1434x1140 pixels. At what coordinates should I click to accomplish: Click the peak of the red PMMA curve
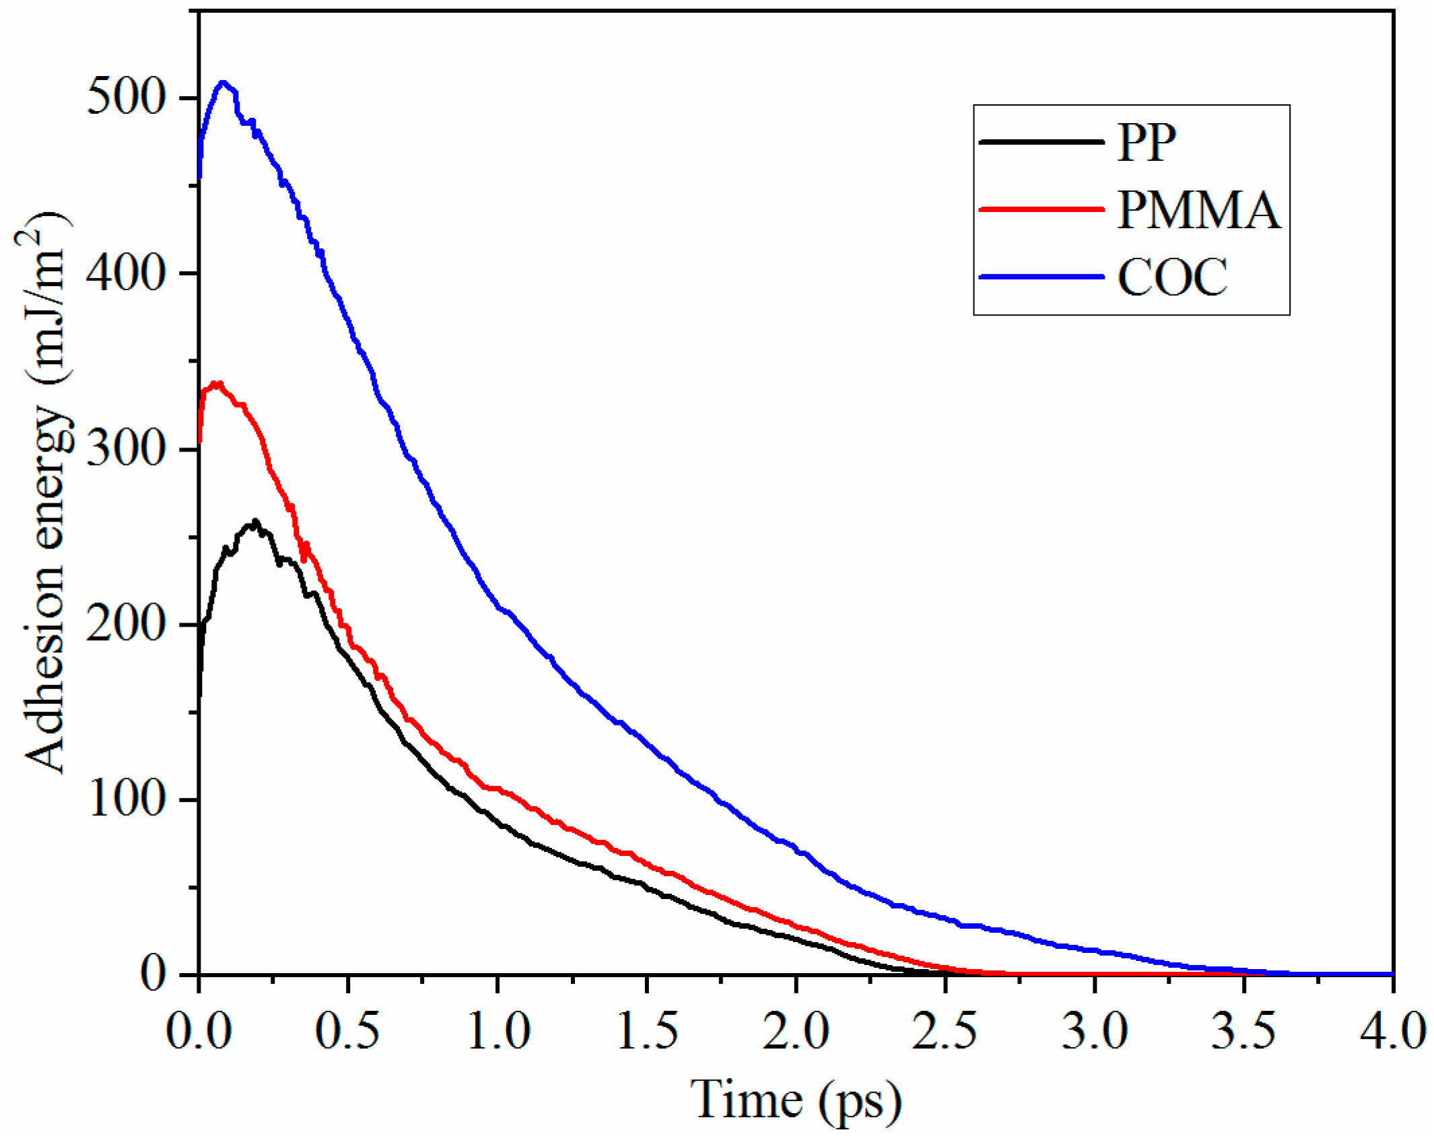[x=217, y=384]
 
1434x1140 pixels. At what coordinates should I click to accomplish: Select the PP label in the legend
[x=1146, y=142]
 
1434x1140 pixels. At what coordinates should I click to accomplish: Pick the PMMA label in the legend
[x=1198, y=210]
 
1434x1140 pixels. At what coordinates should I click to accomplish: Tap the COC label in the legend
[x=1172, y=277]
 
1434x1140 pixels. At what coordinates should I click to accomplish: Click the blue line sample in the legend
[x=1041, y=277]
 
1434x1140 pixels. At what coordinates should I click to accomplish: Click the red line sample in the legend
[x=1041, y=210]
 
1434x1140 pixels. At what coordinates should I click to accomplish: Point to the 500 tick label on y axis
[x=126, y=98]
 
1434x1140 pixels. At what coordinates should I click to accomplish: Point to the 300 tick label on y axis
[x=126, y=449]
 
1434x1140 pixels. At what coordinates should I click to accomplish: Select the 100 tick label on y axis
[x=126, y=799]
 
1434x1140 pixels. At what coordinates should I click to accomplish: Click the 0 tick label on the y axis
[x=153, y=974]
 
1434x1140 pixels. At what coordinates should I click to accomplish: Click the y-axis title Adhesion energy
[x=46, y=491]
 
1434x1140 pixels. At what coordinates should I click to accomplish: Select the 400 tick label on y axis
[x=126, y=273]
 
